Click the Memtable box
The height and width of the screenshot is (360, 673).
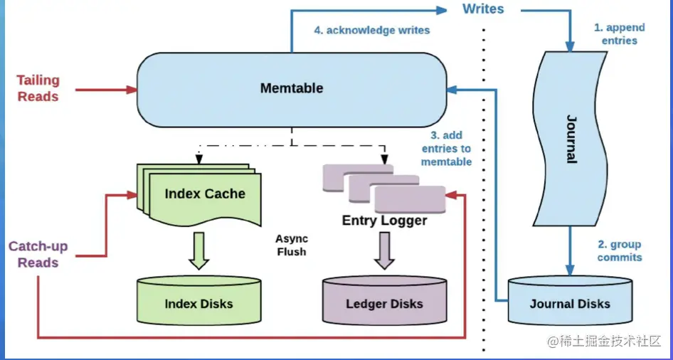[x=291, y=89]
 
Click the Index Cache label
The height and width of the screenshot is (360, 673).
[x=204, y=194]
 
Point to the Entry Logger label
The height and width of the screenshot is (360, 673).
[x=384, y=221]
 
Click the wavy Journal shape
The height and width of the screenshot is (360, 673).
[x=570, y=139]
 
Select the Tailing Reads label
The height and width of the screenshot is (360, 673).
[x=38, y=88]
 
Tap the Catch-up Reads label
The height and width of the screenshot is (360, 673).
[x=38, y=255]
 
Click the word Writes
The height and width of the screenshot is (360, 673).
[x=483, y=9]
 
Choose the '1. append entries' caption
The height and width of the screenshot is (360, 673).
[x=619, y=34]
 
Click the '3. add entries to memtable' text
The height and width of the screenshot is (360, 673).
[x=446, y=148]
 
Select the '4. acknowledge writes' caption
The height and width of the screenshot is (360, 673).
[x=372, y=31]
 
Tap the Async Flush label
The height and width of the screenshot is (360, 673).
[x=291, y=245]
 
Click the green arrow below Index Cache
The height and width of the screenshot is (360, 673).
[x=198, y=250]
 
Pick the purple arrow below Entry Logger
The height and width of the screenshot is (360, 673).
[x=384, y=250]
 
